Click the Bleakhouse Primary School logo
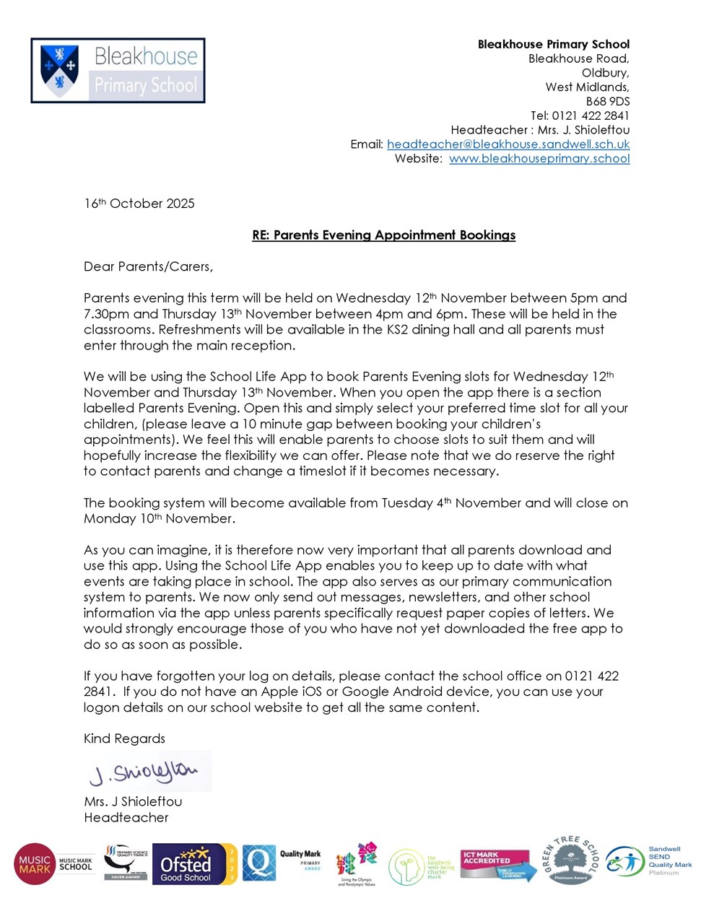[118, 71]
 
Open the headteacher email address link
[508, 144]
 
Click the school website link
[539, 159]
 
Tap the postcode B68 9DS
[607, 102]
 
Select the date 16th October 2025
[139, 204]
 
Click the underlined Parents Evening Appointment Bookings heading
[383, 235]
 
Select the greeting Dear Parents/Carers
[148, 267]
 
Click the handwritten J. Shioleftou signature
[144, 773]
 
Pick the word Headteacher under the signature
[126, 818]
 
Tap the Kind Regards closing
[124, 738]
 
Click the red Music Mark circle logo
[34, 864]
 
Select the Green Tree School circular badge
[571, 860]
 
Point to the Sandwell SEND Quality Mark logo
[649, 861]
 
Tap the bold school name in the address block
[553, 44]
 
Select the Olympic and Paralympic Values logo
[357, 864]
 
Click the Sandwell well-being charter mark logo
[422, 866]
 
